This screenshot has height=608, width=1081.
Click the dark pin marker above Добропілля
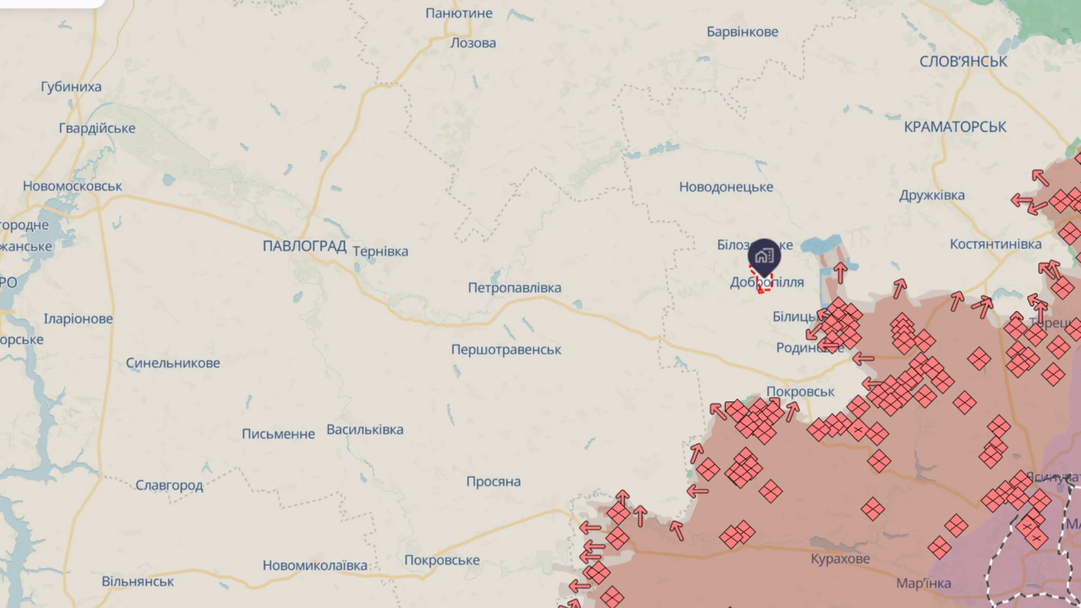(764, 255)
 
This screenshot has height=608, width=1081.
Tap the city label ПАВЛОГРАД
(304, 246)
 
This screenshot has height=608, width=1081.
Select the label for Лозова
(473, 43)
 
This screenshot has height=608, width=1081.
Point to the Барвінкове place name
(742, 32)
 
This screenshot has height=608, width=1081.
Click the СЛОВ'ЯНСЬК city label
(963, 62)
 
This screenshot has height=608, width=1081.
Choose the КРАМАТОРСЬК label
(955, 127)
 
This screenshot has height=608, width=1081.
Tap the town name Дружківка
(931, 195)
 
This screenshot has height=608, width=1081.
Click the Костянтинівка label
(995, 244)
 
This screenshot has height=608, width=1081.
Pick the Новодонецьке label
(726, 187)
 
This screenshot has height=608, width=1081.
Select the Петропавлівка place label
(514, 288)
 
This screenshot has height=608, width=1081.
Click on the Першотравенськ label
(506, 350)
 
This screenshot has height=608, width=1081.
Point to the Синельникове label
(173, 363)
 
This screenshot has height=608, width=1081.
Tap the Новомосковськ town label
(73, 186)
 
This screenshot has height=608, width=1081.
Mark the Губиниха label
(71, 87)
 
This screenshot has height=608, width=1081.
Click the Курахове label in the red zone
(840, 558)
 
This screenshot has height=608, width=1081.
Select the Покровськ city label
(800, 392)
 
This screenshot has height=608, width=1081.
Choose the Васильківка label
(365, 430)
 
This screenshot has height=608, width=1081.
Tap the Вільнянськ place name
(138, 582)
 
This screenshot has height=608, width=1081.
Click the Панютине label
(459, 13)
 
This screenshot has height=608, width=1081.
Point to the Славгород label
(169, 485)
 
